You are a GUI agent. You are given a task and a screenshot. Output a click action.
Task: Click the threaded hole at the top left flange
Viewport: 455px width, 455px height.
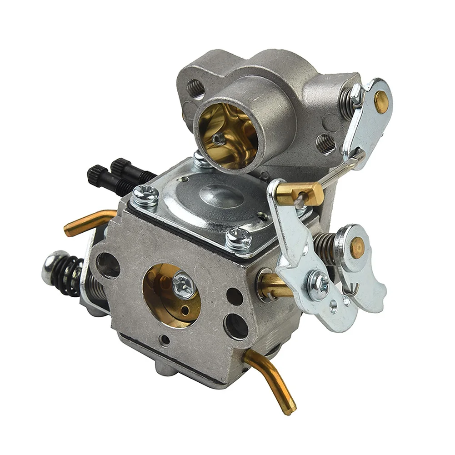click(195, 89)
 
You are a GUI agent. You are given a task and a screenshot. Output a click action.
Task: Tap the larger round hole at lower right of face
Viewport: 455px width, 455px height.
click(236, 325)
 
